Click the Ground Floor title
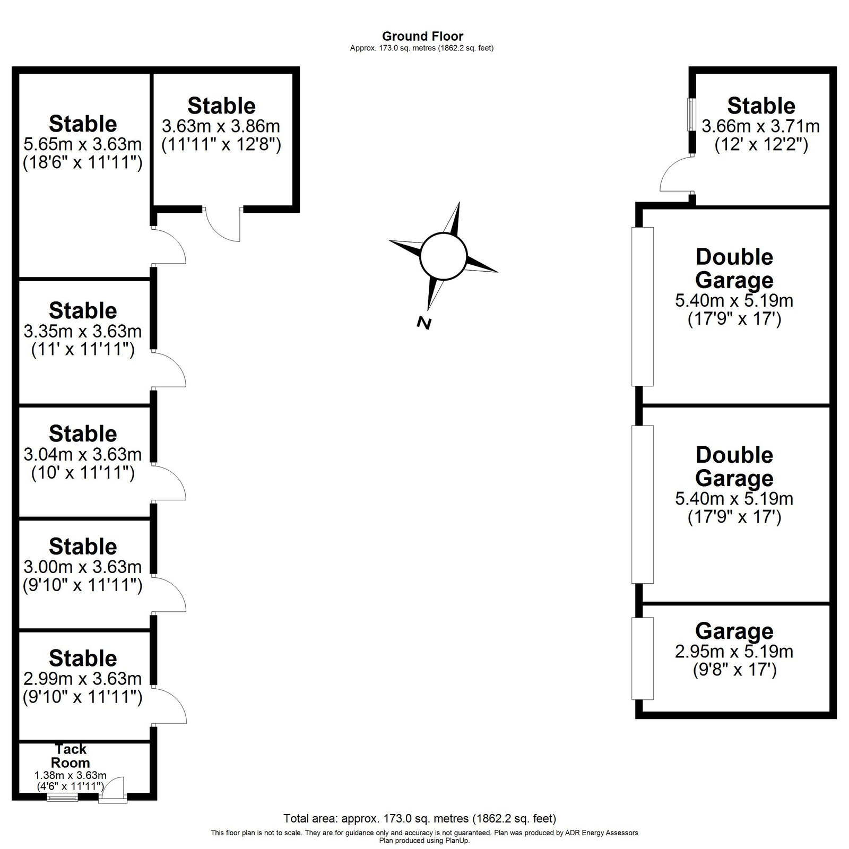(422, 36)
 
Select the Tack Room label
(71, 756)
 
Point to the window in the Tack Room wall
(62, 797)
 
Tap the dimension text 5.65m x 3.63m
(83, 144)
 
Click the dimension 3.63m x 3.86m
(221, 126)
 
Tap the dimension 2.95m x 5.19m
(734, 651)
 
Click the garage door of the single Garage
(643, 659)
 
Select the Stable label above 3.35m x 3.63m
(83, 310)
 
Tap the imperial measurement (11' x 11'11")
(83, 350)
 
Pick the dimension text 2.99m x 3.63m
(83, 678)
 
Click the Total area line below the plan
(420, 818)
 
